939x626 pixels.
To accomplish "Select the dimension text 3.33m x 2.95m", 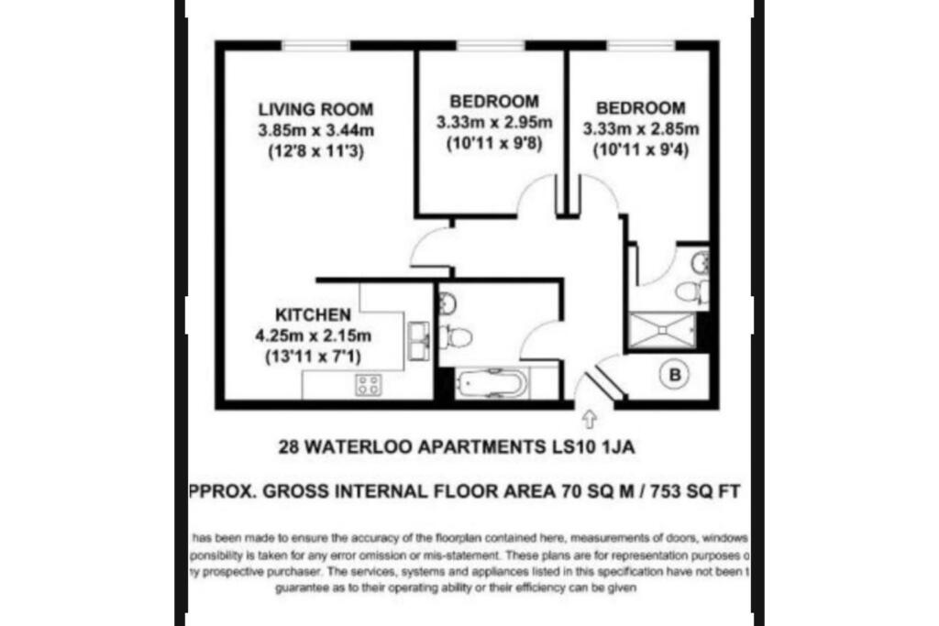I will pos(492,122).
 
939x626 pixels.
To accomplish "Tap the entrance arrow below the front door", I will pos(588,420).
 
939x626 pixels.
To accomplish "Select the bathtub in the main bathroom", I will pos(492,382).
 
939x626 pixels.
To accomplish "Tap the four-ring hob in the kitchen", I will pos(369,385).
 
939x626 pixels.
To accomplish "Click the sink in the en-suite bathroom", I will pos(701,262).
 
